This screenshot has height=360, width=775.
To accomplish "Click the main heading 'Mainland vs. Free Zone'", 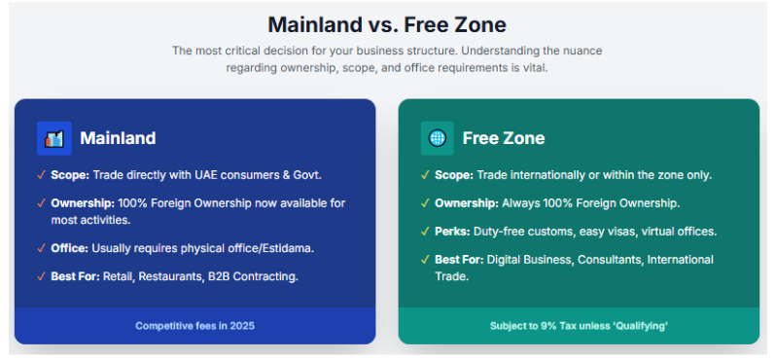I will (387, 23).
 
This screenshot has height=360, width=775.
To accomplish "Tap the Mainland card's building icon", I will (54, 138).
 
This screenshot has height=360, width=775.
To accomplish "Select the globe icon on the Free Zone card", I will (438, 138).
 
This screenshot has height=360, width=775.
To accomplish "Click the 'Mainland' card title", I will (118, 138).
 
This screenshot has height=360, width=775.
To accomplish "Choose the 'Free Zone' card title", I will (504, 138).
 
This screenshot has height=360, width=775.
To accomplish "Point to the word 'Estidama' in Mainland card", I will (287, 249).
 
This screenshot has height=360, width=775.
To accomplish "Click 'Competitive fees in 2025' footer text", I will (194, 326).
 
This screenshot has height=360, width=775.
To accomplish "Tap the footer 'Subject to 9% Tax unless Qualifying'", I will (579, 326).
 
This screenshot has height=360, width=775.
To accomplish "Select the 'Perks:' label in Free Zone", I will (452, 232).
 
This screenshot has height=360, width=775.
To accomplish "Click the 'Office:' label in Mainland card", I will (70, 249).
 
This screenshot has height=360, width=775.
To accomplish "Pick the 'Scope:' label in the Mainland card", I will (71, 175).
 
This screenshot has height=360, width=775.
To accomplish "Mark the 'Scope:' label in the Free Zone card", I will (455, 175).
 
